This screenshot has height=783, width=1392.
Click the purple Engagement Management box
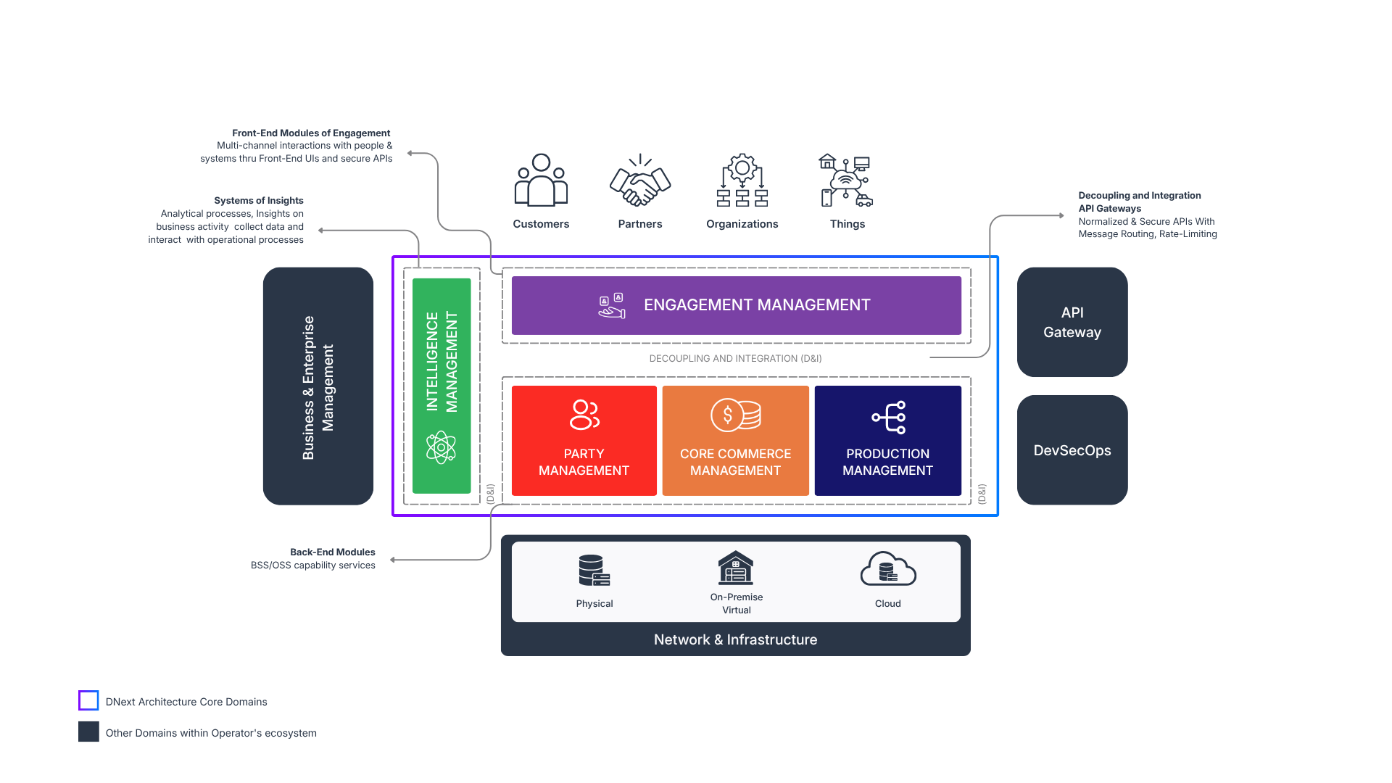click(x=737, y=305)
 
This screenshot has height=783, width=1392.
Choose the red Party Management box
click(x=584, y=441)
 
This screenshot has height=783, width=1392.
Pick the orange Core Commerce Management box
click(x=735, y=441)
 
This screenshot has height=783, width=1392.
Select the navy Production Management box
click(x=888, y=441)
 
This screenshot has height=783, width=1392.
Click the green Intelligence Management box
click(x=442, y=386)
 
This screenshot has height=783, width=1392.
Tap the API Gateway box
click(x=1072, y=322)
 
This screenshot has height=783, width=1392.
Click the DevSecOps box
click(x=1072, y=450)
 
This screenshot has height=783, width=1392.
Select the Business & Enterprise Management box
click(x=318, y=386)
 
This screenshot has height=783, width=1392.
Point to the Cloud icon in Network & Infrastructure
click(x=888, y=569)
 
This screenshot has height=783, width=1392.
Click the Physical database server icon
click(x=594, y=571)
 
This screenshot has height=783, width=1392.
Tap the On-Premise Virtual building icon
click(x=736, y=568)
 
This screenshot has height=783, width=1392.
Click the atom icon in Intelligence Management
click(x=441, y=447)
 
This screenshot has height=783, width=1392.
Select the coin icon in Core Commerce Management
click(x=735, y=415)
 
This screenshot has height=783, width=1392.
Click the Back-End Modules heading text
click(x=333, y=552)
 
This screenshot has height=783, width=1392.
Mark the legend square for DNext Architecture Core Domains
click(x=88, y=700)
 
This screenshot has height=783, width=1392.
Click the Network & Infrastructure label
click(x=735, y=639)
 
